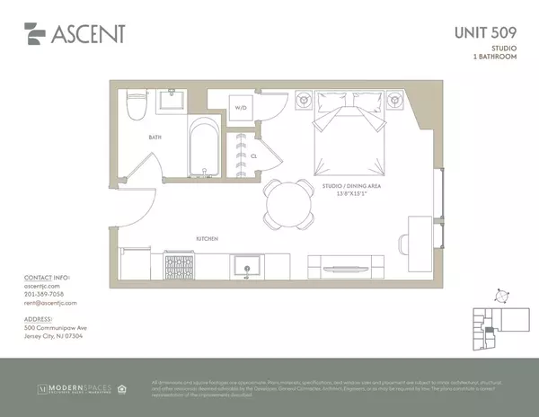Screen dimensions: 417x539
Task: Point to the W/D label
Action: (241, 109)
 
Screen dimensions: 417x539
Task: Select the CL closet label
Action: (254, 155)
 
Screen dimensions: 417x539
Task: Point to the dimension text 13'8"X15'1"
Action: (345, 192)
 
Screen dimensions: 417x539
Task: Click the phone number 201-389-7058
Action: (44, 293)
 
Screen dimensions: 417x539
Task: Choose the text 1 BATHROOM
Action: (499, 58)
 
